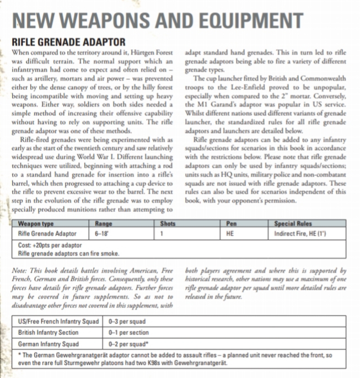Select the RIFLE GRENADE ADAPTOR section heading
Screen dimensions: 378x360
pyautogui.click(x=68, y=42)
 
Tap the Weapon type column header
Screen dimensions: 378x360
pyautogui.click(x=36, y=225)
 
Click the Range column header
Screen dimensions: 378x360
pyautogui.click(x=104, y=225)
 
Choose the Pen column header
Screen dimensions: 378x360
pyautogui.click(x=231, y=225)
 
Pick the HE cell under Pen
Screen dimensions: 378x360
pyautogui.click(x=230, y=234)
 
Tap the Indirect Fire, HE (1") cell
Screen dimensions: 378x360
pyautogui.click(x=300, y=234)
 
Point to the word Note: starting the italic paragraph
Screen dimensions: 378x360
pyautogui.click(x=20, y=271)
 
